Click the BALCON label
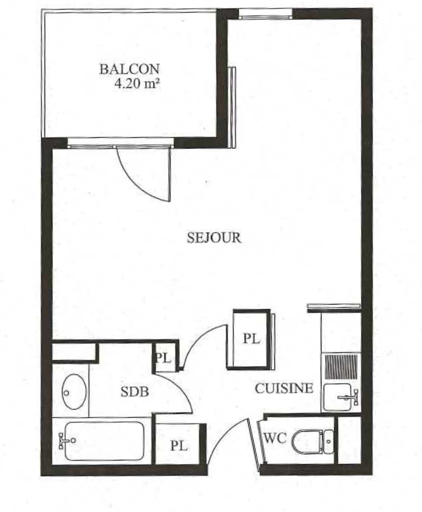(x=130, y=69)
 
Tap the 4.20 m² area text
(x=137, y=84)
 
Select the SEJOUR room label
(x=214, y=238)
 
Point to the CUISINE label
(x=284, y=388)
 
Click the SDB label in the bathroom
(x=135, y=391)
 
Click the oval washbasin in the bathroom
(x=74, y=391)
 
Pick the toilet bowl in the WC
(x=307, y=441)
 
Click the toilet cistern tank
(x=329, y=441)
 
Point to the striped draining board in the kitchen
(x=341, y=367)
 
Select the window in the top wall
(x=266, y=14)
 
